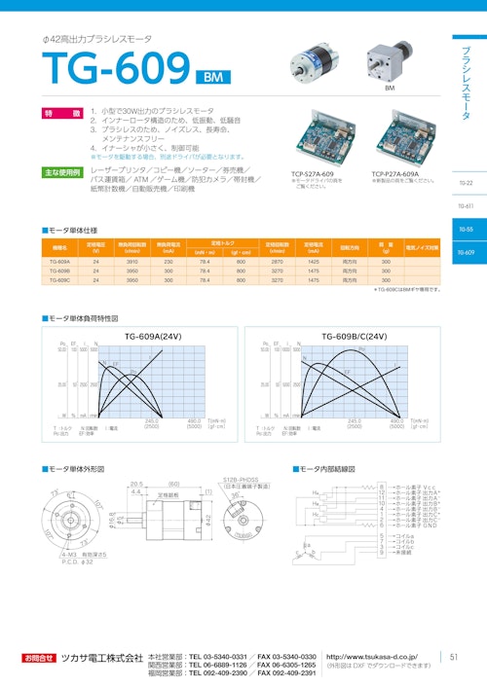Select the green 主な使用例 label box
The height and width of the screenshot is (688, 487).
pyautogui.click(x=63, y=171)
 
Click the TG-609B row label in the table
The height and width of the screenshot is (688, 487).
pyautogui.click(x=58, y=271)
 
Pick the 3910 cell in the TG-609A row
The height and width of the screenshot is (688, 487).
pyautogui.click(x=132, y=262)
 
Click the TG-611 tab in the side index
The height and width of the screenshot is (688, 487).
pyautogui.click(x=465, y=206)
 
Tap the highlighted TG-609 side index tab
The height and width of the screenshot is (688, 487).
pyautogui.click(x=465, y=252)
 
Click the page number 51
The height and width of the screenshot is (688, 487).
pyautogui.click(x=453, y=658)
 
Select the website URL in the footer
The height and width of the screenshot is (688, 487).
pyautogui.click(x=372, y=657)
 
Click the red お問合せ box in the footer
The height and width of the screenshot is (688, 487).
pyautogui.click(x=41, y=659)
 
